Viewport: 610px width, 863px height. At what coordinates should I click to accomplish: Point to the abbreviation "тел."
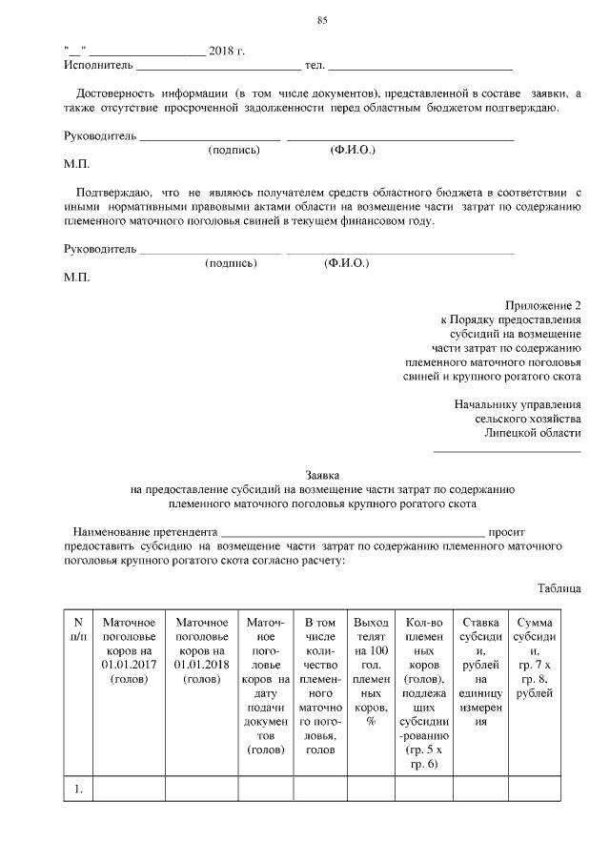pos(315,66)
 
